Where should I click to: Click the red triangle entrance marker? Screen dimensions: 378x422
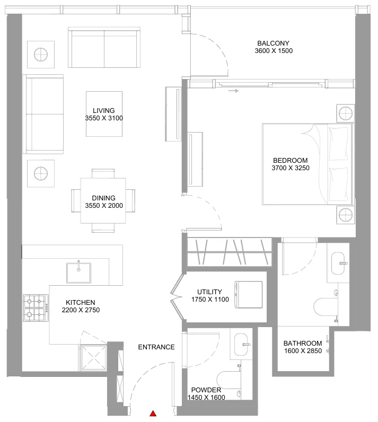[x=153, y=414]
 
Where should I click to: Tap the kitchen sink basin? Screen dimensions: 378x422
[x=78, y=272]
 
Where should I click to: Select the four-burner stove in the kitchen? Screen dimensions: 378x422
[x=36, y=308]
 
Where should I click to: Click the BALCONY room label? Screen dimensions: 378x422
[x=273, y=43]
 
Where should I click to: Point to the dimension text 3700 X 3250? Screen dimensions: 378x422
[x=291, y=168]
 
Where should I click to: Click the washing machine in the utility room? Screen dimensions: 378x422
[x=248, y=294]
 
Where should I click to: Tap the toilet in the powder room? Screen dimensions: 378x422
[x=228, y=380]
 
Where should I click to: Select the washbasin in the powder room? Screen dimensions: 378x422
[x=241, y=345]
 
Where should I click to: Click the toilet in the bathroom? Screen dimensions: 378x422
[x=326, y=306]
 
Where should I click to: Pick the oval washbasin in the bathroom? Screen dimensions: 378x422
[x=338, y=263]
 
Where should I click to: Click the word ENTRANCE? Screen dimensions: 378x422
[x=156, y=347]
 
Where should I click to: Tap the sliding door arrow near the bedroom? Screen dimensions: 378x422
[x=233, y=91]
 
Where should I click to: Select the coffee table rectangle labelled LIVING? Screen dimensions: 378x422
[x=104, y=114]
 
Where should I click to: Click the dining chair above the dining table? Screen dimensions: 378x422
[x=103, y=173]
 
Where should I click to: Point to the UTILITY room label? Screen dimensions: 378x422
[x=209, y=292]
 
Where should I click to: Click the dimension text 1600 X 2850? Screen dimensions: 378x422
[x=303, y=351]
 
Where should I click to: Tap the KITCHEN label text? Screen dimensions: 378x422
[x=81, y=303]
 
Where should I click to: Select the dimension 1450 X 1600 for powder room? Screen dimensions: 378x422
[x=206, y=398]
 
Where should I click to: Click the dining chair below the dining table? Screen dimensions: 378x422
[x=103, y=227]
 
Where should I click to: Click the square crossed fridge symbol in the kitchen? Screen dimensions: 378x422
[x=94, y=358]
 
